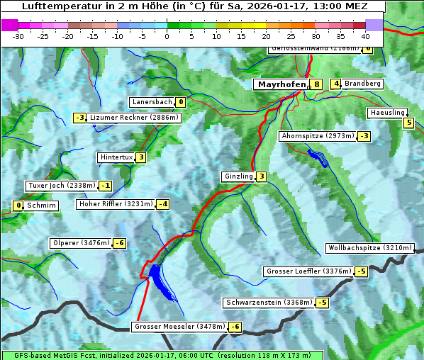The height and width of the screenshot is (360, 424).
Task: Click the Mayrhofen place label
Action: point(281,84)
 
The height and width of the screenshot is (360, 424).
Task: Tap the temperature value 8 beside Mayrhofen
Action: point(317,84)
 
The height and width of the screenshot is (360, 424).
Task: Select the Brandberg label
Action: point(363,84)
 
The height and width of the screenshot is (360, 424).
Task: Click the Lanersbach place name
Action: point(152,102)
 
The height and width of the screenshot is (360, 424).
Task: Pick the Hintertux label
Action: point(116,157)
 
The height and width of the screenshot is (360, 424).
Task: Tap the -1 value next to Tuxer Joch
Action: point(105,186)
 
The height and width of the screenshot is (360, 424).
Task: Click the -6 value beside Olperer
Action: point(119,244)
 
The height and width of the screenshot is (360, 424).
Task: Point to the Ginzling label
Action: point(238,176)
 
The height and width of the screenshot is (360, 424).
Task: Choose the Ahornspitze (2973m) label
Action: point(318,135)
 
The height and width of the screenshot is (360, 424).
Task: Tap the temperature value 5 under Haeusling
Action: point(408,123)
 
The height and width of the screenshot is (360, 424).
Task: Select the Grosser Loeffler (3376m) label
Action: point(308,271)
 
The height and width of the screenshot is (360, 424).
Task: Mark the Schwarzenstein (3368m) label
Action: point(268,303)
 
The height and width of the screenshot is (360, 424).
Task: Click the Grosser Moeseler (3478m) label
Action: point(179,327)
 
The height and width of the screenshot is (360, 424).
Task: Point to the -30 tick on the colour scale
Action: point(18,35)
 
